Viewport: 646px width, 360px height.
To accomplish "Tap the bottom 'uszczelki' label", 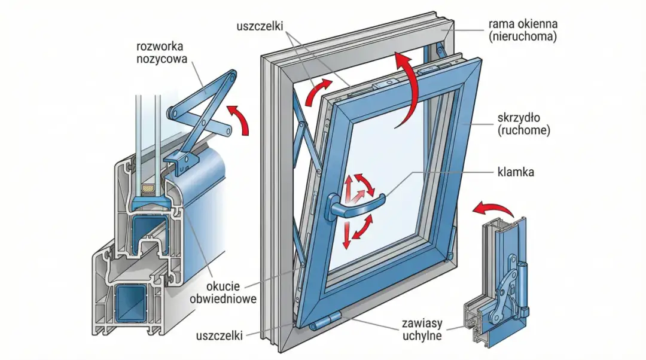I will [x=219, y=335].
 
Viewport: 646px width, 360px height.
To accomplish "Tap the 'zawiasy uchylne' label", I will [x=422, y=330].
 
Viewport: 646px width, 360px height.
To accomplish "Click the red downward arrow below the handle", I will [x=347, y=236].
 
